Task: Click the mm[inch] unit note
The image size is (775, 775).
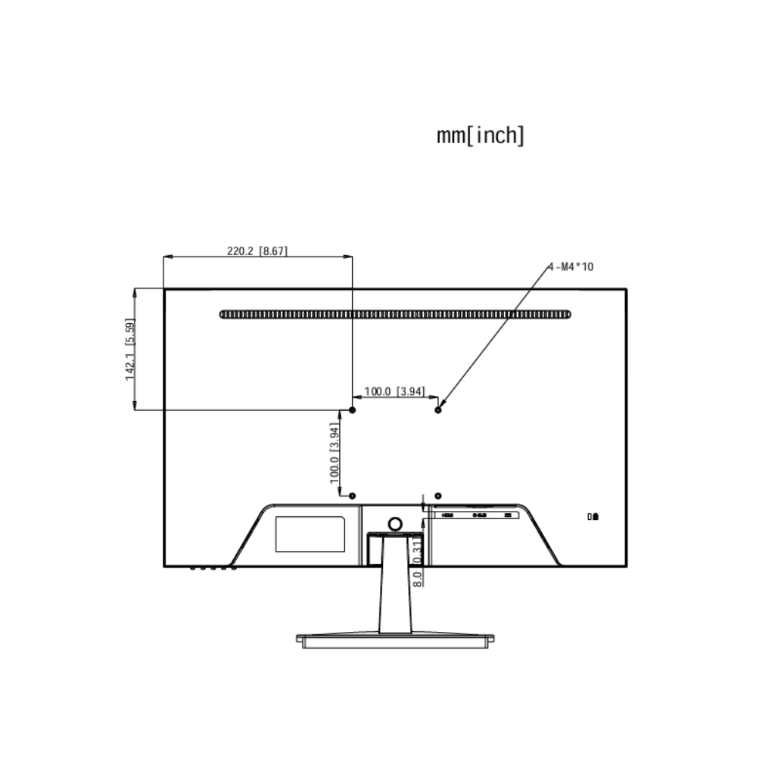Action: pos(481,136)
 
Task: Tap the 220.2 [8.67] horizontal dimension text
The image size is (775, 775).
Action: pos(257,251)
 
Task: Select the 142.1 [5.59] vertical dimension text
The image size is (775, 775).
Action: pos(131,349)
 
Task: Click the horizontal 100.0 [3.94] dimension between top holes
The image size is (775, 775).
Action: pos(394,391)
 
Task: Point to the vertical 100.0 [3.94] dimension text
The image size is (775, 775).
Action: pos(335,453)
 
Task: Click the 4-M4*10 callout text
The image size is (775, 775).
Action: pos(571,266)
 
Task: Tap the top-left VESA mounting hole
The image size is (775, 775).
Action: pos(352,409)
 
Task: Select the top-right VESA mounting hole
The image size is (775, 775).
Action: pos(439,409)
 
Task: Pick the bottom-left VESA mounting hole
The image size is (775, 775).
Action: pos(352,495)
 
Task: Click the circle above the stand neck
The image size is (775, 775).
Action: pos(394,523)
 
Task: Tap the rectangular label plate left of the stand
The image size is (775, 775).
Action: pos(310,534)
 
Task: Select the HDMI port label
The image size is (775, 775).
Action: pos(447,515)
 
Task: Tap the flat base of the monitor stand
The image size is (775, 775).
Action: pos(395,640)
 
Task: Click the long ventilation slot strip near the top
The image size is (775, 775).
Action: pos(395,314)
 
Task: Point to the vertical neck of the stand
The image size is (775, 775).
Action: pos(394,598)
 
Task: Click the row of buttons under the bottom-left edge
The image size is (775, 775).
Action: pos(213,568)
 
